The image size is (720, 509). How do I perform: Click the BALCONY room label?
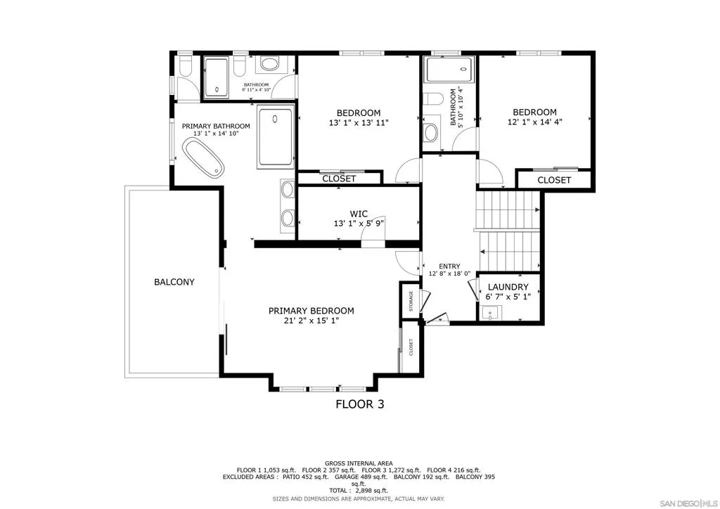[x=174, y=282]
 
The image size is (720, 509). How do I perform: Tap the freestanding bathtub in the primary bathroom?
[x=203, y=158]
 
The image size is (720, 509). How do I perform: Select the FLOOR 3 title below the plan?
[x=360, y=404]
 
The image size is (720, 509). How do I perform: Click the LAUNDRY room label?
[x=508, y=287]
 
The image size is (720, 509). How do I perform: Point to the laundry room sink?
[x=491, y=314]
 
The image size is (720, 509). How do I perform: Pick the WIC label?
[x=359, y=214]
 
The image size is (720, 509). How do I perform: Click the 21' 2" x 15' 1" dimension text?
[x=311, y=321]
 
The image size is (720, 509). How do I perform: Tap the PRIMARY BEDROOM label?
[x=311, y=311]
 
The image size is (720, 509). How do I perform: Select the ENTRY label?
[x=449, y=266]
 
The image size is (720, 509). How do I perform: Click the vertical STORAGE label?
[x=411, y=301]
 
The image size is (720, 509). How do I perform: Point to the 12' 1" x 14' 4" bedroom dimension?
[x=535, y=122]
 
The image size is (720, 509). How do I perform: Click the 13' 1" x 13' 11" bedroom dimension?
[x=359, y=123]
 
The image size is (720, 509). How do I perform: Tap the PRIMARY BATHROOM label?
[x=216, y=127]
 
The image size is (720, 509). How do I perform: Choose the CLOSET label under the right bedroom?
[x=554, y=180]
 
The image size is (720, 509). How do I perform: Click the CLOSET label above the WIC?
[x=339, y=179]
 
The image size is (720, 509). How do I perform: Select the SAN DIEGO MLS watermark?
[x=688, y=502]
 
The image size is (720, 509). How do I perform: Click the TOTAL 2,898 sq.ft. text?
[x=359, y=491]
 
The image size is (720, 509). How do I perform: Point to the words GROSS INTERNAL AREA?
[x=359, y=463]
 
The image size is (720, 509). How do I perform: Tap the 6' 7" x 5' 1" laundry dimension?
[x=508, y=297]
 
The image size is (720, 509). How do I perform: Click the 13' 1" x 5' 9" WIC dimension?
[x=359, y=224]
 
